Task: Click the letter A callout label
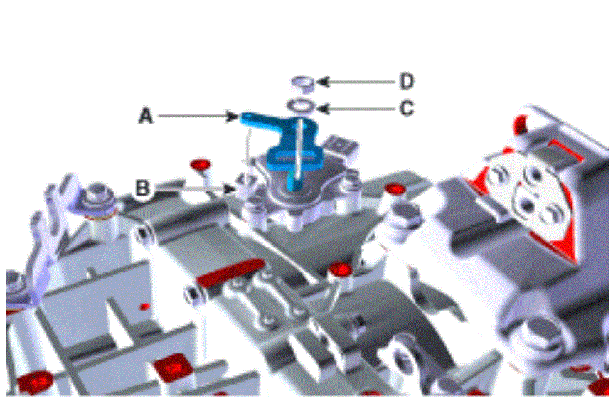coord(146,116)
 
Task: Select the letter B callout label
coord(142,188)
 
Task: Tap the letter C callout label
coord(407,108)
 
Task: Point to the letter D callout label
coord(407,82)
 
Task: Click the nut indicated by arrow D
coord(303,84)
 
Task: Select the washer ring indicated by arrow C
coord(300,105)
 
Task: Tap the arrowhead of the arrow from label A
coord(233,116)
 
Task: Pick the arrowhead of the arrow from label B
coord(230,189)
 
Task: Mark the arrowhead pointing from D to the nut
coord(321,82)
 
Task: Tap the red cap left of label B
coord(201,164)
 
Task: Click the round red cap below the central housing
coord(340,270)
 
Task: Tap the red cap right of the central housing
coord(395,190)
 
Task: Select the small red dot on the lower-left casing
coord(145,307)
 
